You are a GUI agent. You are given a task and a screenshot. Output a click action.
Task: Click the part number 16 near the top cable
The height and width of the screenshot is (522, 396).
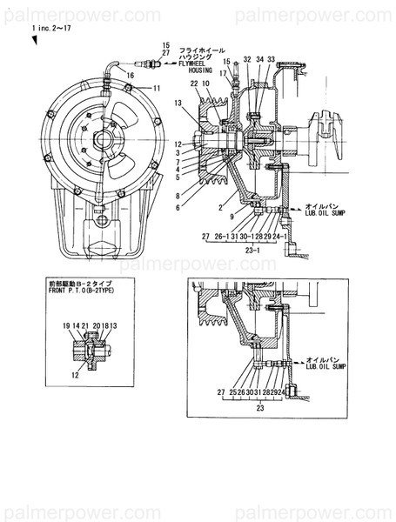(x=131, y=77)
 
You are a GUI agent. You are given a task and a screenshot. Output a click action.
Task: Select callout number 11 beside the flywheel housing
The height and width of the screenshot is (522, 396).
(x=157, y=89)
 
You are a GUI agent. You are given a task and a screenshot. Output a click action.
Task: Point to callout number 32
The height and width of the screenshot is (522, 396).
(x=247, y=59)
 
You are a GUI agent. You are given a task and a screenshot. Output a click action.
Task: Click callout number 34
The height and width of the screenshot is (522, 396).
(x=259, y=59)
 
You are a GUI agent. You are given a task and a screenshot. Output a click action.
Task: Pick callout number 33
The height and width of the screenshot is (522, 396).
(x=272, y=59)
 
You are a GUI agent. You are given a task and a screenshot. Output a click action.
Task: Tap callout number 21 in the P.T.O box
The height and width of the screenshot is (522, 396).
(x=85, y=325)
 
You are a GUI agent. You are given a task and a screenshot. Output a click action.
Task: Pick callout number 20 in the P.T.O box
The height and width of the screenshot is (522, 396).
(x=95, y=325)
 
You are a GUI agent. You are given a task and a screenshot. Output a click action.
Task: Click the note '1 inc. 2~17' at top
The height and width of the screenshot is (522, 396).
(x=50, y=28)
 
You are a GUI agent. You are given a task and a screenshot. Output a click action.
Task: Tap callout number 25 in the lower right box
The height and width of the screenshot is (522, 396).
(x=231, y=392)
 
